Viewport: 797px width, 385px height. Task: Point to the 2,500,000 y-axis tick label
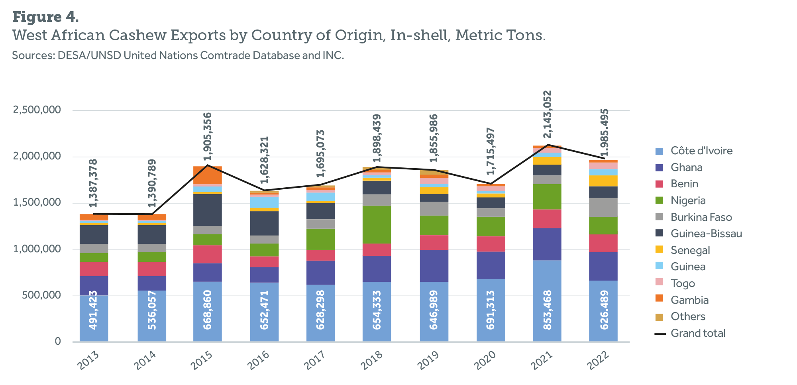click(x=37, y=110)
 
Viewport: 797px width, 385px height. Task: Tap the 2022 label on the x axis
click(x=598, y=360)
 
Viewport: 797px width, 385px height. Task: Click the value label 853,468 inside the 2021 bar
click(x=548, y=310)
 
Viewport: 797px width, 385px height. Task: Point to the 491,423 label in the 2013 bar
click(x=93, y=310)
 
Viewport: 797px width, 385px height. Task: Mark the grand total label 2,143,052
click(x=548, y=115)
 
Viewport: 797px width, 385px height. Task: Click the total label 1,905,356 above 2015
click(x=208, y=136)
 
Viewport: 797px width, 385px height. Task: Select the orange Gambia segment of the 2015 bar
click(x=208, y=175)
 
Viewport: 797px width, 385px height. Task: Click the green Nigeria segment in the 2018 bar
click(x=377, y=224)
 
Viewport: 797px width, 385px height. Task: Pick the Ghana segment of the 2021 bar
click(x=547, y=244)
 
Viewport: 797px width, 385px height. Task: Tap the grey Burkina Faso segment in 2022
click(x=603, y=207)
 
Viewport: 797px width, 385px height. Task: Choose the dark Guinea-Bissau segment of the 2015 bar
click(x=208, y=210)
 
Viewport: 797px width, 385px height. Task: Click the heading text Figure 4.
click(x=46, y=17)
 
